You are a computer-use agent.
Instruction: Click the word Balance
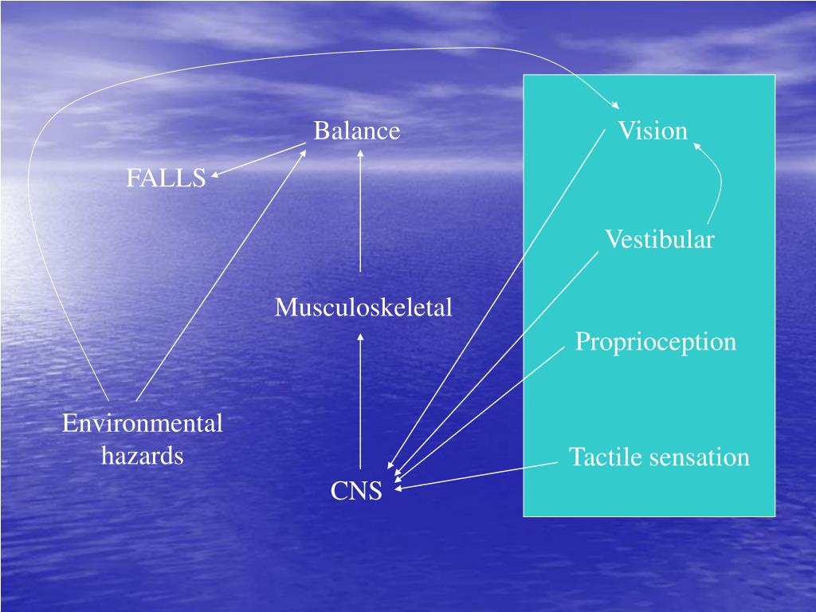coord(356,131)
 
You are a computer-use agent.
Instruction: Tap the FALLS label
coord(166,178)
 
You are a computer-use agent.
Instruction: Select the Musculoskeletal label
coord(363,307)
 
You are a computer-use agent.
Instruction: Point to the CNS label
coord(356,492)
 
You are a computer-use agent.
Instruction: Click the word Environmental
coord(143,423)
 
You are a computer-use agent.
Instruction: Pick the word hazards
coord(143,456)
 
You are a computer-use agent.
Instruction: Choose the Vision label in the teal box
coord(653,131)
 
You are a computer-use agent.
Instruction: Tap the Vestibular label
coord(659,239)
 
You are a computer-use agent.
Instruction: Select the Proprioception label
coord(655,342)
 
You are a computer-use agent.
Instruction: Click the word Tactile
coord(605,457)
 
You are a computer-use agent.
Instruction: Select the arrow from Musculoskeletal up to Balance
coord(360,211)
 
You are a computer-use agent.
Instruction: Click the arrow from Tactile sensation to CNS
coord(478,475)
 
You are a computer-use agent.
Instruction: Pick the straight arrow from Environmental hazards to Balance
coord(222,275)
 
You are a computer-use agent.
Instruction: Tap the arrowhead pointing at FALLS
coord(216,176)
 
